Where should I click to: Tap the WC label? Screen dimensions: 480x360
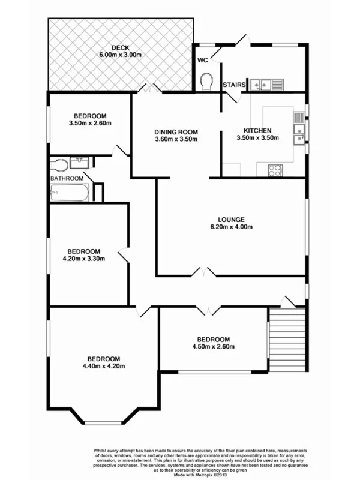(x=202, y=60)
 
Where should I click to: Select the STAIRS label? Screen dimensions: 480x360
(x=234, y=85)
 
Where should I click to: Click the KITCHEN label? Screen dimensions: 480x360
(x=257, y=130)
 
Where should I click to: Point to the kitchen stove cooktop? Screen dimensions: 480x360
(x=275, y=170)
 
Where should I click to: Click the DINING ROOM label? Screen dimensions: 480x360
(x=176, y=132)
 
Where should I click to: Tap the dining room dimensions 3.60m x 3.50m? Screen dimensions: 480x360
(x=176, y=140)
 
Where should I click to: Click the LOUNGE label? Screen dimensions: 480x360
(x=232, y=219)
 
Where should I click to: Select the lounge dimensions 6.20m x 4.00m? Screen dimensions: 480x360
(x=232, y=227)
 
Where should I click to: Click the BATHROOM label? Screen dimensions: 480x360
(x=67, y=178)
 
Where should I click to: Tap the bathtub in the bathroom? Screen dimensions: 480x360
(x=71, y=193)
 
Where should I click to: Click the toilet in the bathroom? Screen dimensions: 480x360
(x=59, y=165)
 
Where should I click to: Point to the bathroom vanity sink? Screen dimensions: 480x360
(x=79, y=162)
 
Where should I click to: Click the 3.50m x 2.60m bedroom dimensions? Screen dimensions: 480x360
(x=91, y=124)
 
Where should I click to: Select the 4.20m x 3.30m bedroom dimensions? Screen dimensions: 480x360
(x=83, y=259)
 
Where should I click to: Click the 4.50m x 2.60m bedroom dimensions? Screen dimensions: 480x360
(x=213, y=347)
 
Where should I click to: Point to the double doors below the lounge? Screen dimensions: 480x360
(x=206, y=273)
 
